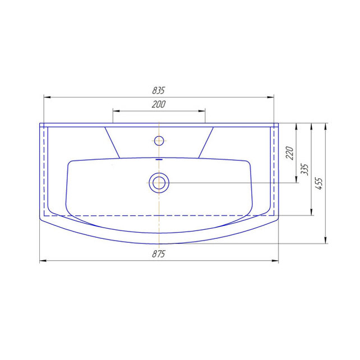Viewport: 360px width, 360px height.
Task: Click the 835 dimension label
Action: pyautogui.click(x=159, y=91)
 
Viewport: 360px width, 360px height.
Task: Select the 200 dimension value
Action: pyautogui.click(x=159, y=104)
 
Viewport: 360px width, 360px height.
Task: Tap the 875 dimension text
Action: pyautogui.click(x=159, y=254)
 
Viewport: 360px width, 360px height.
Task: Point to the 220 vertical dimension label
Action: pyautogui.click(x=290, y=153)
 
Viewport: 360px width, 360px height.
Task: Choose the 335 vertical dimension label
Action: pyautogui.click(x=305, y=169)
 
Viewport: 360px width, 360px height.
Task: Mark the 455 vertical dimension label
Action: pyautogui.click(x=319, y=183)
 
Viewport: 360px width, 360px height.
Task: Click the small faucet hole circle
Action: pyautogui.click(x=159, y=141)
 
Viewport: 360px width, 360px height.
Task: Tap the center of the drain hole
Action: pyautogui.click(x=159, y=183)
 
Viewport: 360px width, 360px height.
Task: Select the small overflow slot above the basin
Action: pyautogui.click(x=159, y=159)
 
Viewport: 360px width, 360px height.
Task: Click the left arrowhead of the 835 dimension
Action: pyautogui.click(x=47, y=98)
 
